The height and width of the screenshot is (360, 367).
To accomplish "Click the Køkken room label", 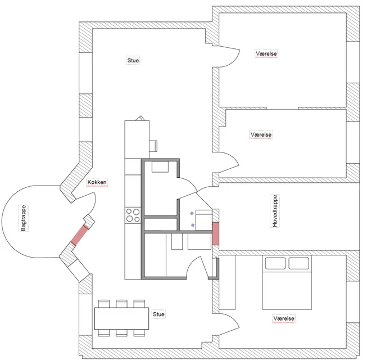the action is tap(97, 182).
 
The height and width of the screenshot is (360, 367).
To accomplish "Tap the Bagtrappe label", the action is tap(24, 218).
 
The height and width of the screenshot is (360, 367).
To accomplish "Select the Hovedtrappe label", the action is tap(275, 211).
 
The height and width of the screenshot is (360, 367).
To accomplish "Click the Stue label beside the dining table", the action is tap(158, 314).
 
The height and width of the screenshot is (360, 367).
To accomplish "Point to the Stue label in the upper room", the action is tap(133, 60).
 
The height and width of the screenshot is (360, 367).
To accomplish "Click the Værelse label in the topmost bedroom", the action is tap(266, 53).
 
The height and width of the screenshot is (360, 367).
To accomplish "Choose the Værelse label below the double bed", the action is tap(284, 318).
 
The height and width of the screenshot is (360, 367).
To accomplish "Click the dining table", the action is tap(121, 318).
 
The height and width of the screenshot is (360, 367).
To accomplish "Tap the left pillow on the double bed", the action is tap(275, 263).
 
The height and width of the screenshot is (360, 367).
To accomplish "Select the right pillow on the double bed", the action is tap(298, 263).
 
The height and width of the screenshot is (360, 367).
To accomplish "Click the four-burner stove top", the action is tap(133, 215).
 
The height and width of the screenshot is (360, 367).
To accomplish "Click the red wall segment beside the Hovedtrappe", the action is tap(215, 234).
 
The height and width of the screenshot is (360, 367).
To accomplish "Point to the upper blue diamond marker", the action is tap(192, 213).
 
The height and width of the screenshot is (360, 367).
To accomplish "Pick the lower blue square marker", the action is tap(193, 225).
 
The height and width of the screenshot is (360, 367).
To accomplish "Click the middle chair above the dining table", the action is tap(121, 304).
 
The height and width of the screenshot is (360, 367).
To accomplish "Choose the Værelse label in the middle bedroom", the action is tap(261, 134).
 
